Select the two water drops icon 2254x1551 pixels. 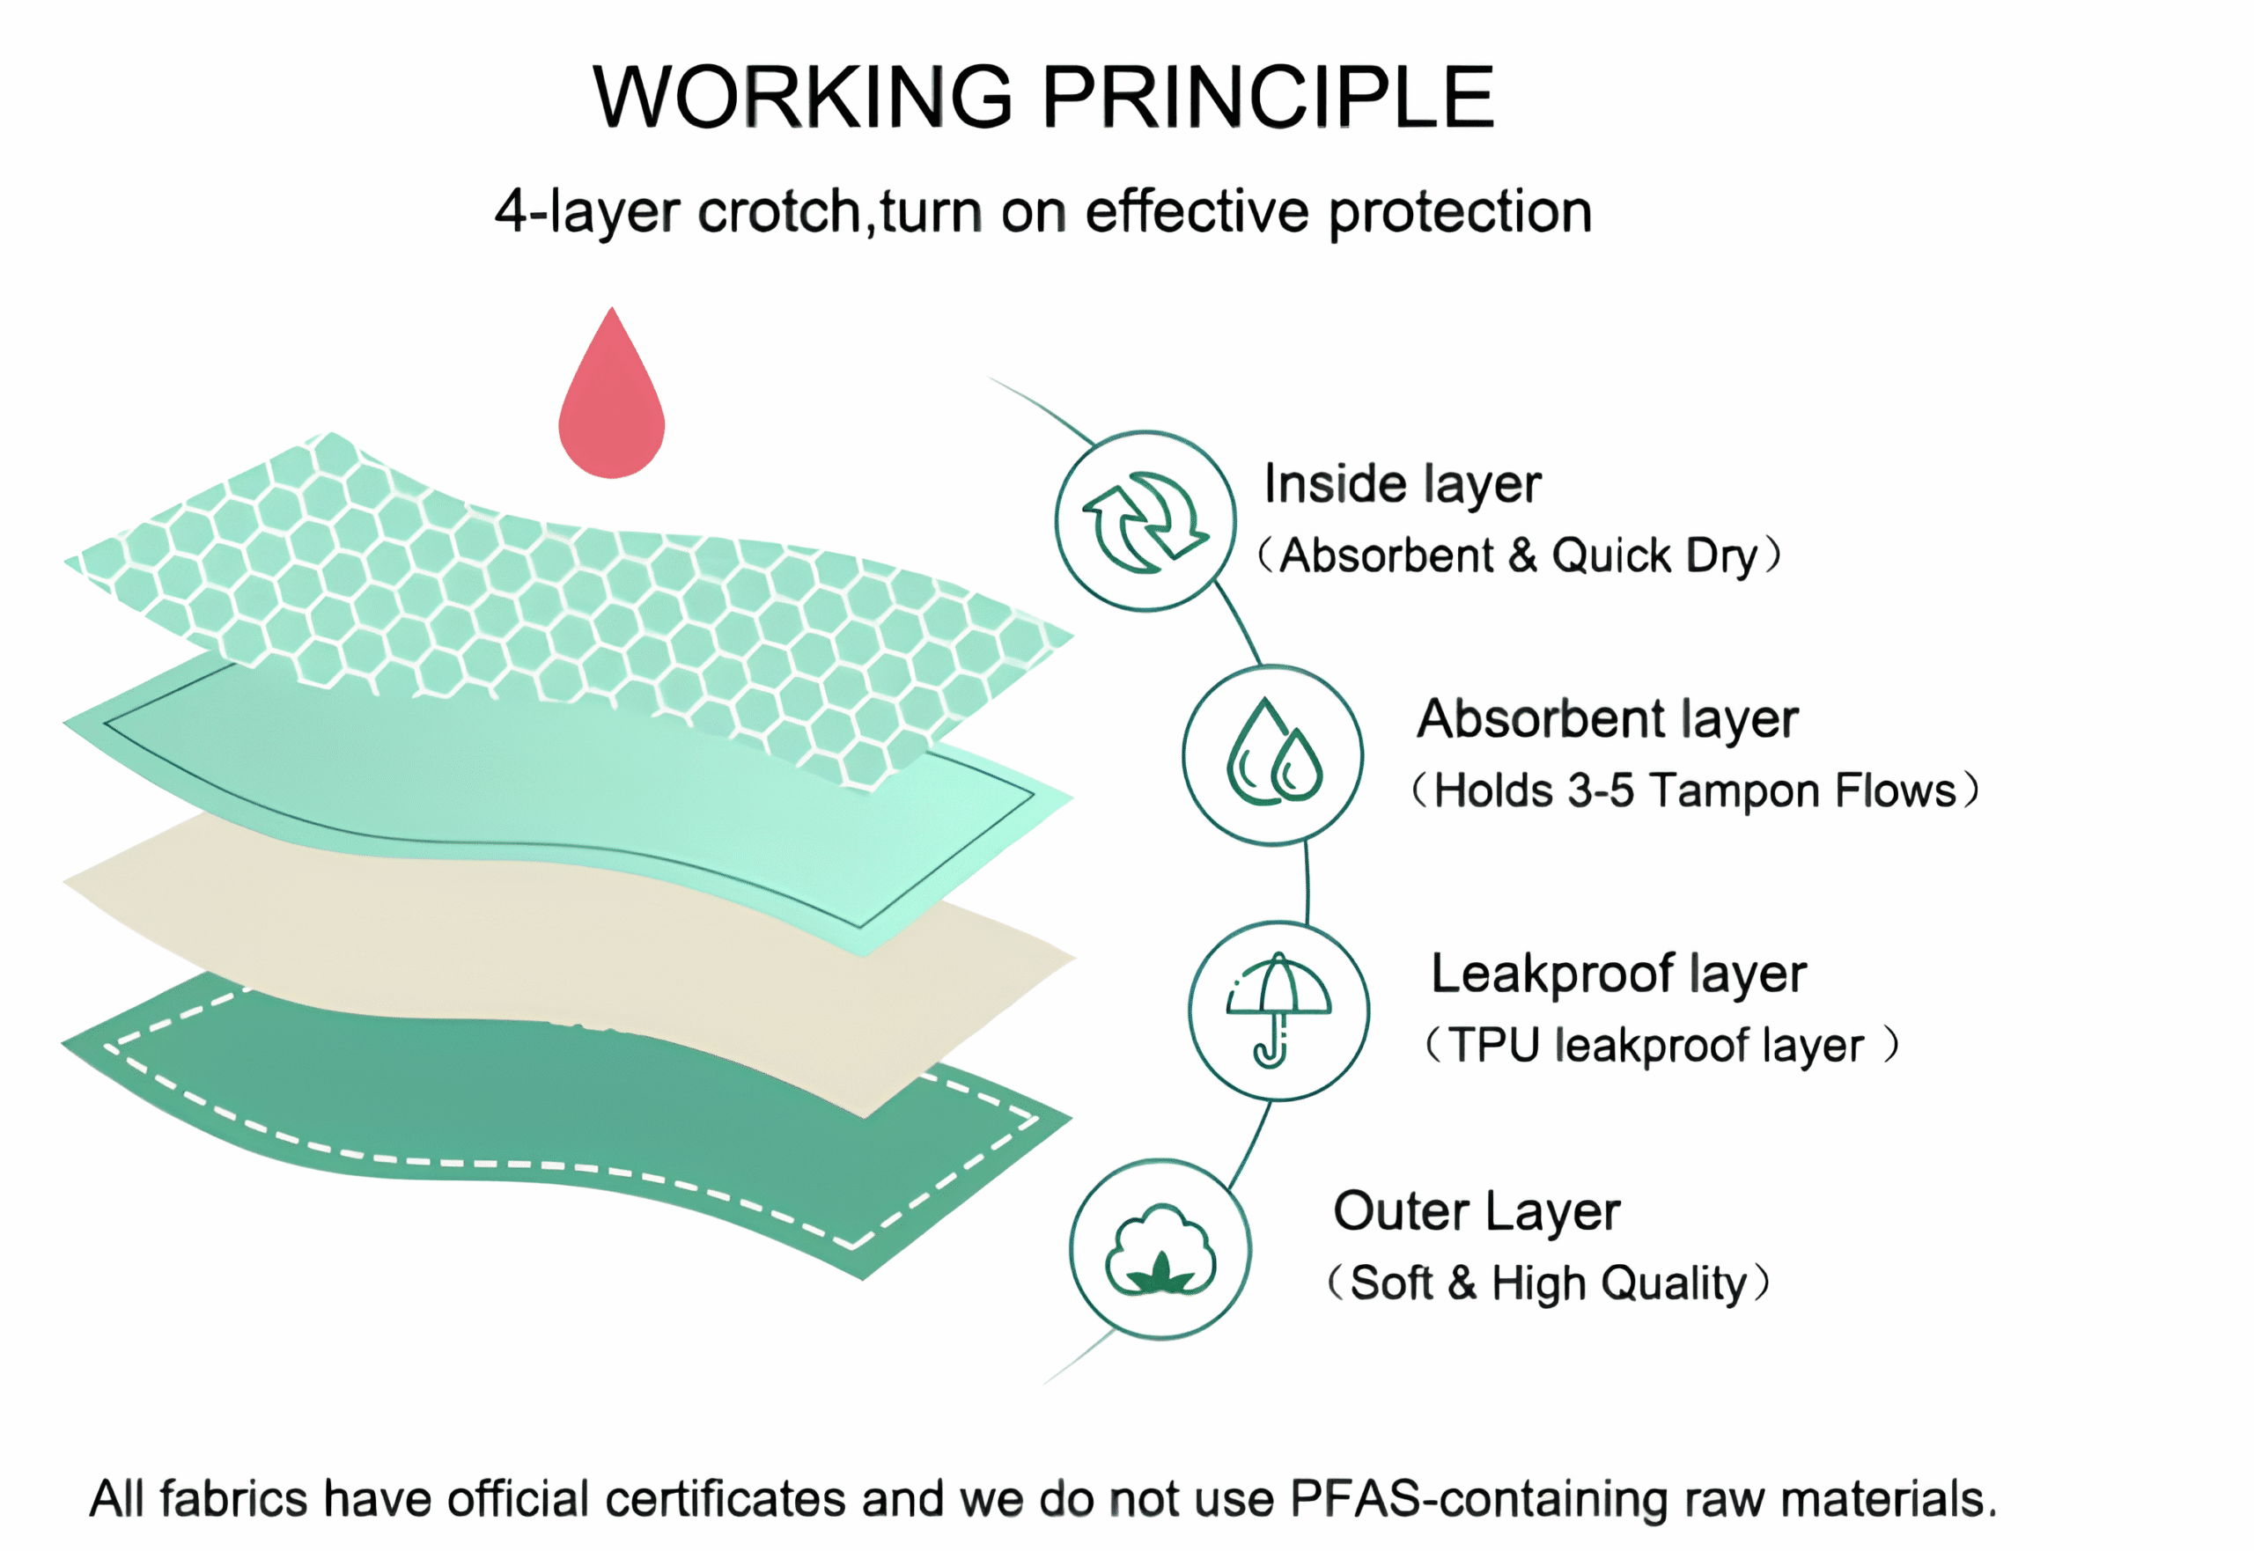pyautogui.click(x=1272, y=755)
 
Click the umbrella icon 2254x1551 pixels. pyautogui.click(x=1278, y=1011)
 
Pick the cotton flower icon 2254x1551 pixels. pyautogui.click(x=1160, y=1250)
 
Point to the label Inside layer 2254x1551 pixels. pyautogui.click(x=1402, y=485)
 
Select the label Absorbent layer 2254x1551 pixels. pyautogui.click(x=1607, y=720)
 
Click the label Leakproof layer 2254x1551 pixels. pyautogui.click(x=1618, y=974)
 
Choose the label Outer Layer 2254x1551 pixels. pyautogui.click(x=1476, y=1212)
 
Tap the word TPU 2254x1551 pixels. pyautogui.click(x=1495, y=1046)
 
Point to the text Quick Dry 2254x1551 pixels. pyautogui.click(x=1654, y=555)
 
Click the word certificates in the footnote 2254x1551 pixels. pyautogui.click(x=726, y=1498)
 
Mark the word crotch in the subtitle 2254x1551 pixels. pyautogui.click(x=778, y=212)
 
